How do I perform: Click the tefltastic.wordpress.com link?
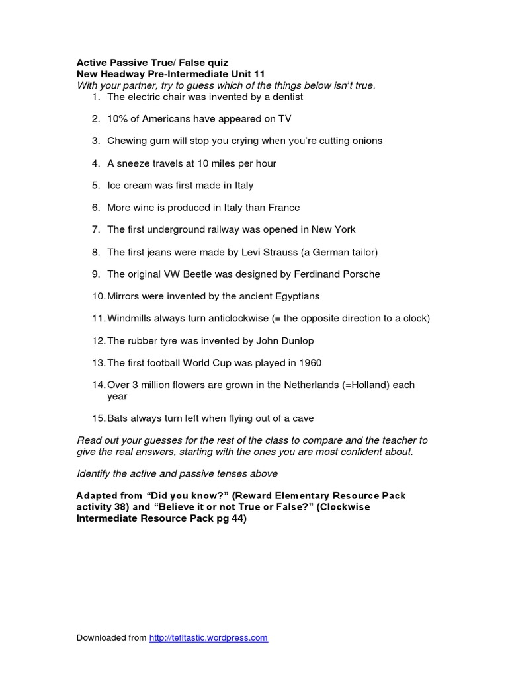coord(208,638)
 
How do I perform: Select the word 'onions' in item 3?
coord(367,141)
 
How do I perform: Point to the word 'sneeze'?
coord(132,163)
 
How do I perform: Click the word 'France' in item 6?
coord(284,208)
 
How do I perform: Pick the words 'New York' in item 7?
coord(334,229)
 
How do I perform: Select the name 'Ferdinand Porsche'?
coord(339,274)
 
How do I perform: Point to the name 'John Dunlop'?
coord(285,340)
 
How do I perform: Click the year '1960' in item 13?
coord(310,363)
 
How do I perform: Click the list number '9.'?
coord(96,274)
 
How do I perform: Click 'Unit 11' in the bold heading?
coord(245,75)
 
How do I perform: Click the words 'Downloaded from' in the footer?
coord(111,638)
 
